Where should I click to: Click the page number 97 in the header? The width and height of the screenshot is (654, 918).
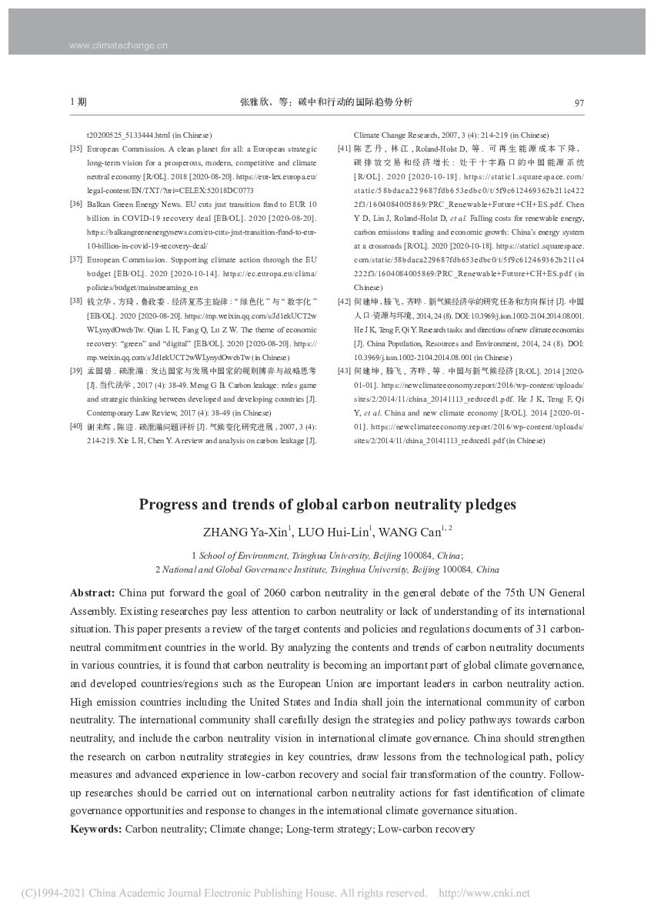(579, 102)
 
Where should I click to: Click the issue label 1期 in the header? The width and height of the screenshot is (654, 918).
(78, 102)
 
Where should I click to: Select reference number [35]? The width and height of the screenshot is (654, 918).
(76, 148)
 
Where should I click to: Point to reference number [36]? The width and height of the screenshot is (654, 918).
(76, 204)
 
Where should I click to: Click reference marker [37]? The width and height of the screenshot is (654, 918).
(76, 259)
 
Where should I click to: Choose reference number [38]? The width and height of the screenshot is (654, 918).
(76, 300)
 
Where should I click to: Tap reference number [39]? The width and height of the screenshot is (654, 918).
(76, 371)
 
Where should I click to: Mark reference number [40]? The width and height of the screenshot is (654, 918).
(76, 426)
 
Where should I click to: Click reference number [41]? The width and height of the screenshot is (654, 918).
(344, 148)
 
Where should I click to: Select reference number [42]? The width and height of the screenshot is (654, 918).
(344, 300)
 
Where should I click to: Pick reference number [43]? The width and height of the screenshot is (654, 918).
(344, 371)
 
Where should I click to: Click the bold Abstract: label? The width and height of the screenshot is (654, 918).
(92, 593)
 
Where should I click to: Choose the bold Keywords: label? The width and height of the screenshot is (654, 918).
(95, 829)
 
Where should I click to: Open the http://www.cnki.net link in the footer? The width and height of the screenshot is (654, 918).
(483, 893)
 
